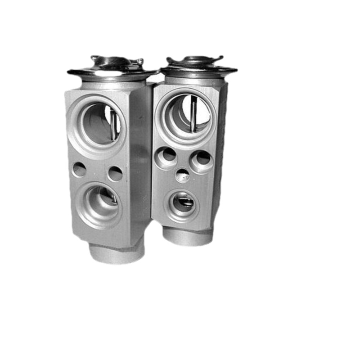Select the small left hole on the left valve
79,170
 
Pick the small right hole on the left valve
115,173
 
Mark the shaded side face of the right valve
220,148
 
